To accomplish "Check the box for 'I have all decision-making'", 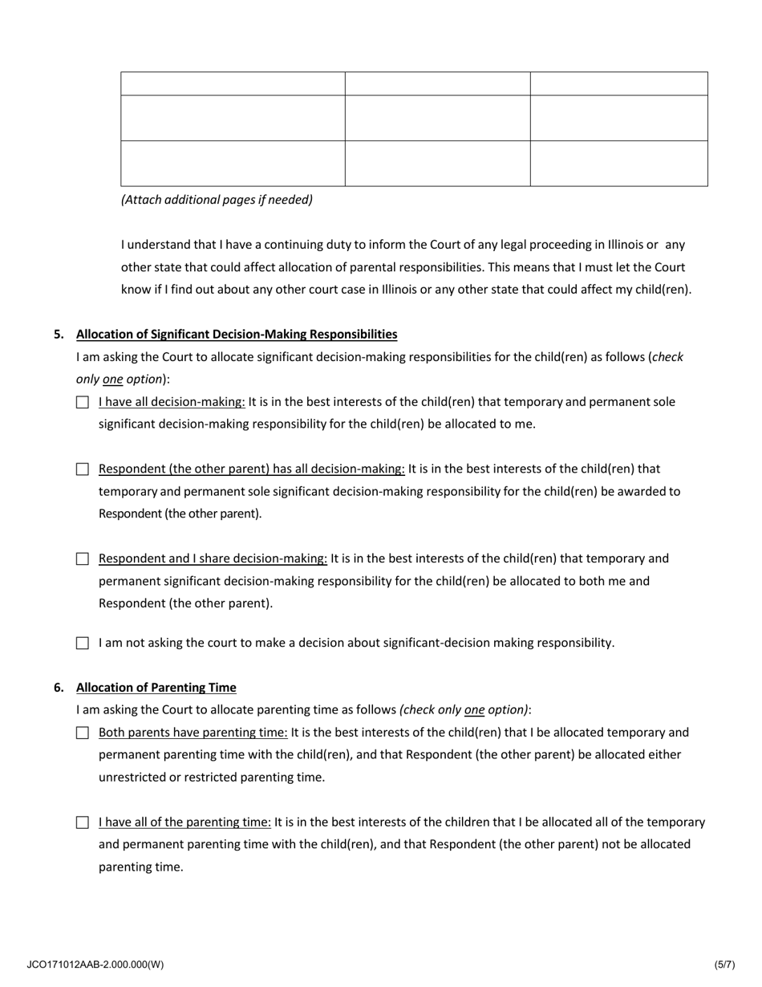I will (x=82, y=402).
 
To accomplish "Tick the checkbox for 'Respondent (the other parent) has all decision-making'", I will (x=82, y=469).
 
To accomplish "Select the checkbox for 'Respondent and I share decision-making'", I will (x=82, y=559).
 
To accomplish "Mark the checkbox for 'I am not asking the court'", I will (x=82, y=643).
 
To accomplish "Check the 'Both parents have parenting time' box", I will (x=82, y=733).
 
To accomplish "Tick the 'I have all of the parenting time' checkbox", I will (x=82, y=822).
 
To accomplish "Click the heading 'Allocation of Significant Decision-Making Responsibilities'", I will (x=237, y=334).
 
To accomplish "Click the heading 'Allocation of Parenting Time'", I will (x=156, y=688).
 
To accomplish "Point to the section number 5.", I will (x=59, y=334).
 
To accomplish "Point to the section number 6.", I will (x=59, y=688).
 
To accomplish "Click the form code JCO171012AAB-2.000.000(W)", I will (x=95, y=965).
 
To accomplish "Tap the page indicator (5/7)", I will (x=724, y=965).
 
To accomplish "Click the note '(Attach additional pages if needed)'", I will (x=217, y=200).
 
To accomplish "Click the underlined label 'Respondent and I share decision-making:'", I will (x=213, y=558).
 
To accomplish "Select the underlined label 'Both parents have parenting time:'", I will (x=193, y=732).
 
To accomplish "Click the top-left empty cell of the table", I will (x=233, y=83).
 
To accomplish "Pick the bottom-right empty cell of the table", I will (x=618, y=164).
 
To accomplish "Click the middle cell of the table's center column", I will (x=437, y=118).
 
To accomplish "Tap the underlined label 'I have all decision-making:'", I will (x=172, y=401).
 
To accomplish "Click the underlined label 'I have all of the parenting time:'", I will (x=184, y=822).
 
